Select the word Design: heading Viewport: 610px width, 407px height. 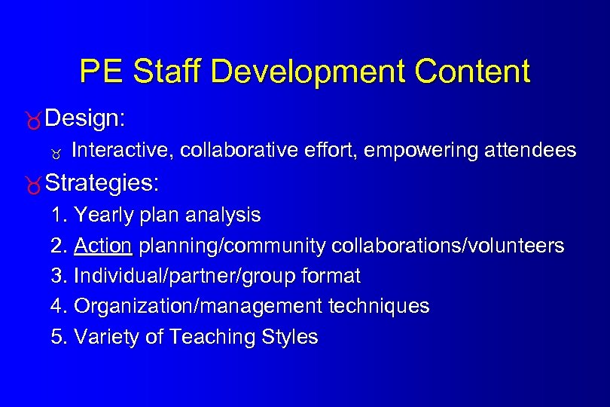coord(85,118)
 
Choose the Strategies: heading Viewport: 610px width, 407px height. coord(102,182)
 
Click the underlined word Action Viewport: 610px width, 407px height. coord(103,246)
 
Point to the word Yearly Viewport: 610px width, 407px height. coord(102,216)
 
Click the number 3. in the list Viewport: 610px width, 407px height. coord(59,277)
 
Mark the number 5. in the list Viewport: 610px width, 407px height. coord(59,337)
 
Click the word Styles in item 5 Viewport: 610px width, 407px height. coord(290,337)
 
